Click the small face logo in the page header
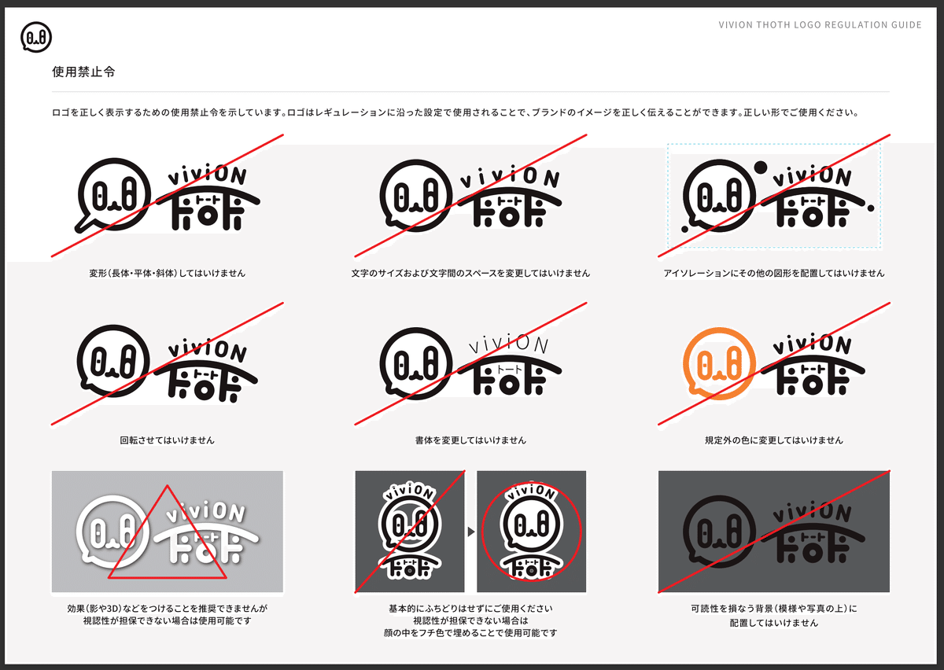click(x=36, y=37)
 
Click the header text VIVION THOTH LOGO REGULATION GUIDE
click(x=820, y=25)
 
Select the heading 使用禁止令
click(x=83, y=72)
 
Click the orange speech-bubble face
click(x=719, y=363)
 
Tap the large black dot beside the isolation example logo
click(x=760, y=167)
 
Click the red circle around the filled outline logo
click(x=531, y=532)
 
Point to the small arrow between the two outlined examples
click(x=470, y=532)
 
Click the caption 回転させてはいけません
click(x=168, y=440)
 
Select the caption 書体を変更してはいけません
click(x=470, y=440)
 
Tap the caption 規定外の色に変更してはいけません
click(x=774, y=440)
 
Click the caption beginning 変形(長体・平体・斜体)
click(x=168, y=273)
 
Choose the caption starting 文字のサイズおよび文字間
click(x=470, y=273)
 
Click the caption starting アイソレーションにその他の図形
click(x=774, y=273)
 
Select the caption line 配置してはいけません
click(x=774, y=623)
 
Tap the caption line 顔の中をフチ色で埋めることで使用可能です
click(x=470, y=633)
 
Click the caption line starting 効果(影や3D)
click(x=168, y=609)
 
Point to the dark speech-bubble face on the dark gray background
click(x=719, y=532)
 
